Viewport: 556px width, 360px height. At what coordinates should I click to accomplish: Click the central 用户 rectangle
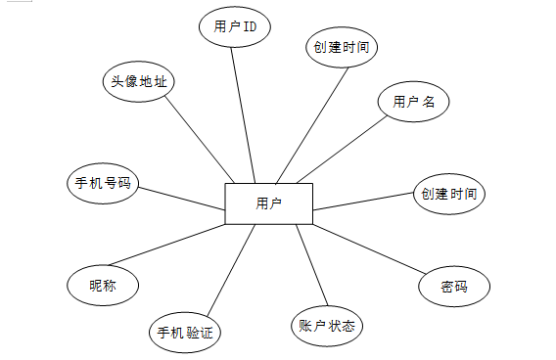pyautogui.click(x=269, y=203)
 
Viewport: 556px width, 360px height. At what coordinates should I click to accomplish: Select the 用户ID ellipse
pyautogui.click(x=235, y=26)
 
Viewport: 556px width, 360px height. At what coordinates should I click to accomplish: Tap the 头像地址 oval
pyautogui.click(x=139, y=81)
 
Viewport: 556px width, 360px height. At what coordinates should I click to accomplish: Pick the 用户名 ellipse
pyautogui.click(x=413, y=102)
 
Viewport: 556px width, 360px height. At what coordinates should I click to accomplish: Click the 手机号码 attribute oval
pyautogui.click(x=103, y=183)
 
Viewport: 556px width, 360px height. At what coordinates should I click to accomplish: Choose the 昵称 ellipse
pyautogui.click(x=103, y=286)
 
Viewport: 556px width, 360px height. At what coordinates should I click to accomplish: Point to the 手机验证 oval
pyautogui.click(x=185, y=333)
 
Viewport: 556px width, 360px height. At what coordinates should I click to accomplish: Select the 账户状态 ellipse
pyautogui.click(x=327, y=326)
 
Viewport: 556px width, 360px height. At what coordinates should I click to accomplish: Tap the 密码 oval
pyautogui.click(x=454, y=287)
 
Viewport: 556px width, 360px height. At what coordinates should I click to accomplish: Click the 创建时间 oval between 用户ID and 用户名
pyautogui.click(x=342, y=47)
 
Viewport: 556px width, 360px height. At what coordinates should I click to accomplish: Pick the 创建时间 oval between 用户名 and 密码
pyautogui.click(x=449, y=194)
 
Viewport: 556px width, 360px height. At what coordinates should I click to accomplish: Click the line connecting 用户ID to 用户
pyautogui.click(x=243, y=115)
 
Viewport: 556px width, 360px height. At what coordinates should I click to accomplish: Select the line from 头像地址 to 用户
pyautogui.click(x=200, y=139)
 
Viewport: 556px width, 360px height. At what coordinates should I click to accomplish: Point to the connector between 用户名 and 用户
pyautogui.click(x=342, y=149)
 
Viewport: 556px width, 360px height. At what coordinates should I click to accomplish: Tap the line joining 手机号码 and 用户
pyautogui.click(x=181, y=199)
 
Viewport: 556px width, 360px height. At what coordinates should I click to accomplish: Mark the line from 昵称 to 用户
pyautogui.click(x=167, y=245)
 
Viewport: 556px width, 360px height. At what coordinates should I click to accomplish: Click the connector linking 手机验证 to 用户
pyautogui.click(x=231, y=270)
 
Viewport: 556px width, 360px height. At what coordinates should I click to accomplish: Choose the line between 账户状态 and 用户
pyautogui.click(x=312, y=265)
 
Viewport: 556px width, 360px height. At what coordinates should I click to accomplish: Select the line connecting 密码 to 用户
pyautogui.click(x=369, y=249)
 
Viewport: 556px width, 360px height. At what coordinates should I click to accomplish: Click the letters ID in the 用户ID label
pyautogui.click(x=250, y=26)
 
